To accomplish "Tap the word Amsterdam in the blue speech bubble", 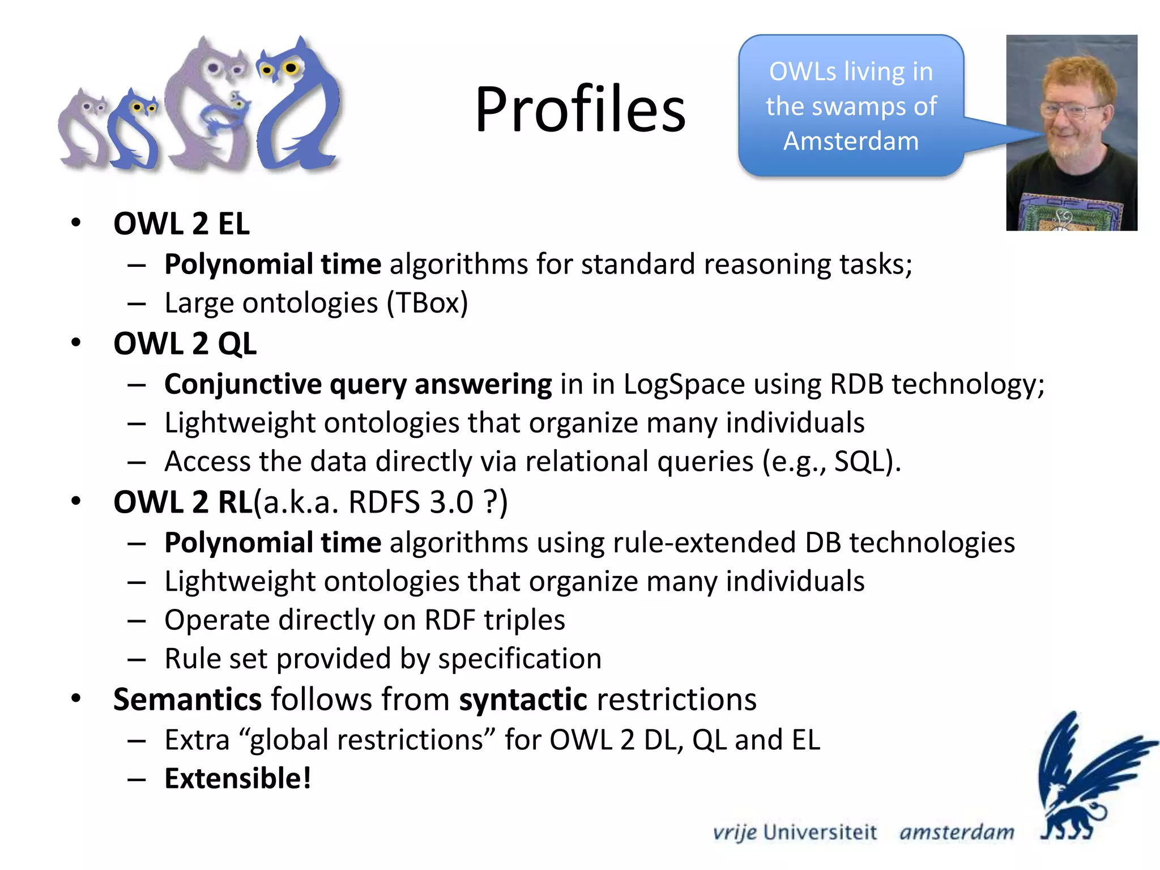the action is (851, 141).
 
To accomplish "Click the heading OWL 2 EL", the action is (181, 223).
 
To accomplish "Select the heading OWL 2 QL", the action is (185, 344).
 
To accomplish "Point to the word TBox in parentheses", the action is (427, 303).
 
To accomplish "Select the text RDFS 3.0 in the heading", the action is (411, 502).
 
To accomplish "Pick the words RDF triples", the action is (494, 620).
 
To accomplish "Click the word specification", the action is (519, 659).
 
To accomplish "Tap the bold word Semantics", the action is (187, 700).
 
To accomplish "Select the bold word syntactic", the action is (523, 700).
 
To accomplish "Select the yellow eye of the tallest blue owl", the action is (291, 68).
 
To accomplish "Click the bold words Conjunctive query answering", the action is (358, 384).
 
